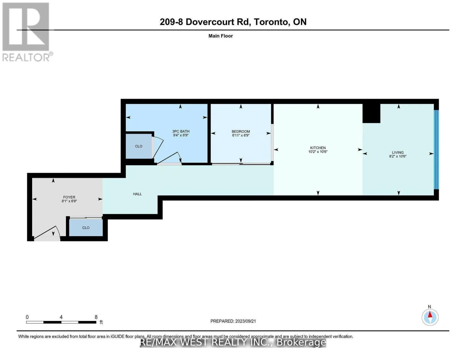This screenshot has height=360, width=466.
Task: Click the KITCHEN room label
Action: click(318, 148)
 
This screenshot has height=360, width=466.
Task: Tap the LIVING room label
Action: click(398, 152)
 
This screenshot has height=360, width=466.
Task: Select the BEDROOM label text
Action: click(241, 131)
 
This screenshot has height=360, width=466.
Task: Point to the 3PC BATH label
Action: click(181, 131)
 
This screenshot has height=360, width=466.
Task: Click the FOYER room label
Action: click(69, 197)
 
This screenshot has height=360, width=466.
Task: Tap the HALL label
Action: click(137, 194)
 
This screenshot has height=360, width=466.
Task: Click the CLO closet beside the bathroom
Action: click(139, 146)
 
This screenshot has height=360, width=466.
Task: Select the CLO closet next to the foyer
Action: click(86, 228)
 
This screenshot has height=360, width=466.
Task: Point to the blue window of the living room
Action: click(436, 149)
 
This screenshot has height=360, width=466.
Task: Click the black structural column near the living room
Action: click(371, 113)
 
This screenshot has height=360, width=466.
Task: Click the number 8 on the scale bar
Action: click(96, 317)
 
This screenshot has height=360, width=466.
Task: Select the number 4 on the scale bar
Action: click(61, 317)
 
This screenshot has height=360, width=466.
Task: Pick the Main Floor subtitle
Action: click(221, 36)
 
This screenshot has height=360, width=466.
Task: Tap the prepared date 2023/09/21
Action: click(245, 321)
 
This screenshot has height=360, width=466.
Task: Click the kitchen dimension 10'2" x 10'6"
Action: click(318, 151)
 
